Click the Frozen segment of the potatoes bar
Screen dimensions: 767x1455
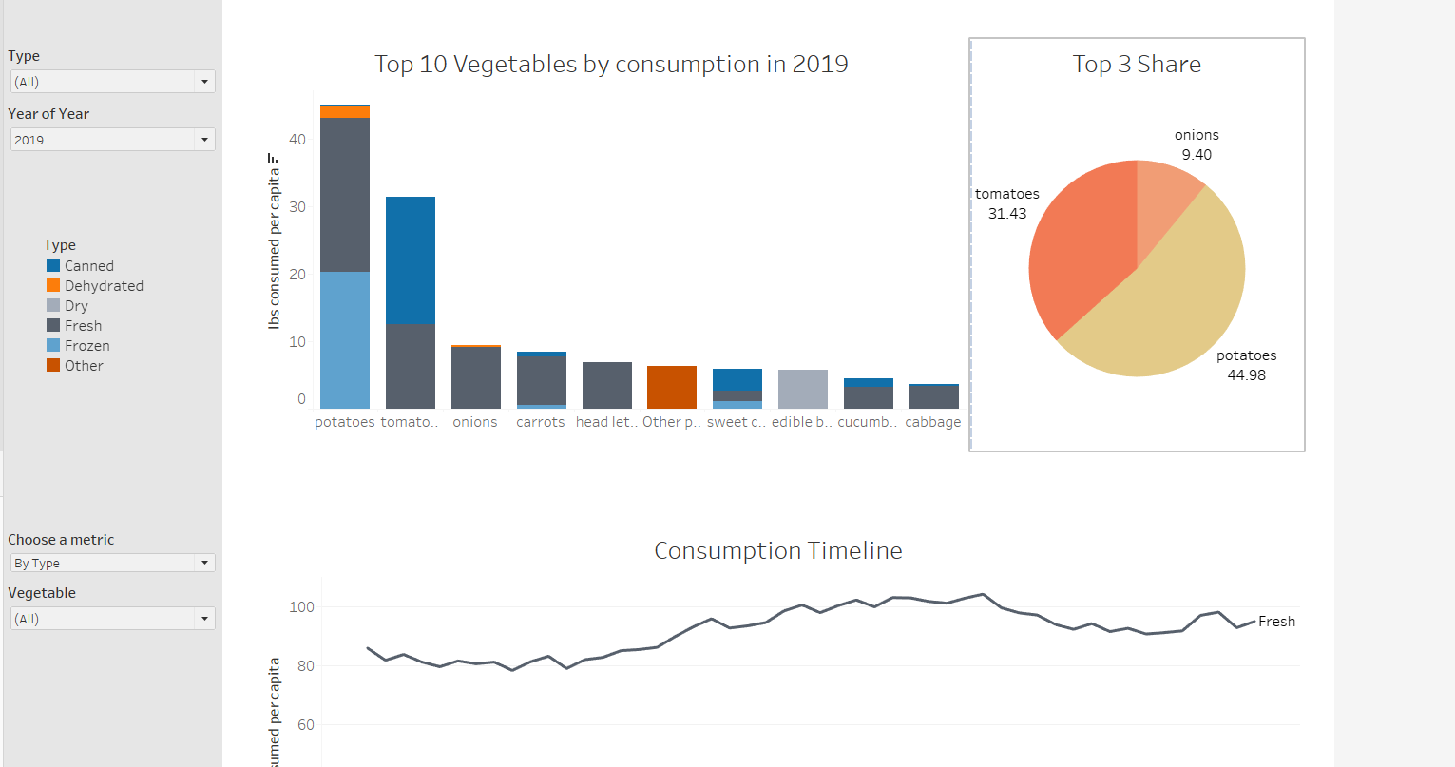click(x=345, y=340)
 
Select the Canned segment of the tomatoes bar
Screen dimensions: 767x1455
click(x=411, y=260)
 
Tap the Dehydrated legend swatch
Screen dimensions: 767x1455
click(x=53, y=286)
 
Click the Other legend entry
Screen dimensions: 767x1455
click(x=84, y=366)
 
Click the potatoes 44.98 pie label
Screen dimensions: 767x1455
click(x=1246, y=365)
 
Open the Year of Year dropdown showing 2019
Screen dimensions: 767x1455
click(x=112, y=140)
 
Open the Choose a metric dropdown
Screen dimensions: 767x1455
click(x=112, y=564)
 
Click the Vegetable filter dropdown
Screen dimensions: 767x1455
click(x=112, y=619)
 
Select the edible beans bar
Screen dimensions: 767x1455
click(x=803, y=389)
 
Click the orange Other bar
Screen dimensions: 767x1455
click(x=672, y=387)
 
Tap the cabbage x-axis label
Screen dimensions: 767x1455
click(x=932, y=422)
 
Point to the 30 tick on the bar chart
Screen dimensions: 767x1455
click(x=297, y=207)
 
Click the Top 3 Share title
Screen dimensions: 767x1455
click(x=1137, y=65)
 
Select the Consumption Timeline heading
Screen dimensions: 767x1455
click(x=777, y=551)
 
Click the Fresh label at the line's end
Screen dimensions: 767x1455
click(x=1276, y=622)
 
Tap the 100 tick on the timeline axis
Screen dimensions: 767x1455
click(x=301, y=607)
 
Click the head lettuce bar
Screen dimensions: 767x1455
click(x=606, y=385)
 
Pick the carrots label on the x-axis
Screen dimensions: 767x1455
click(x=541, y=422)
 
